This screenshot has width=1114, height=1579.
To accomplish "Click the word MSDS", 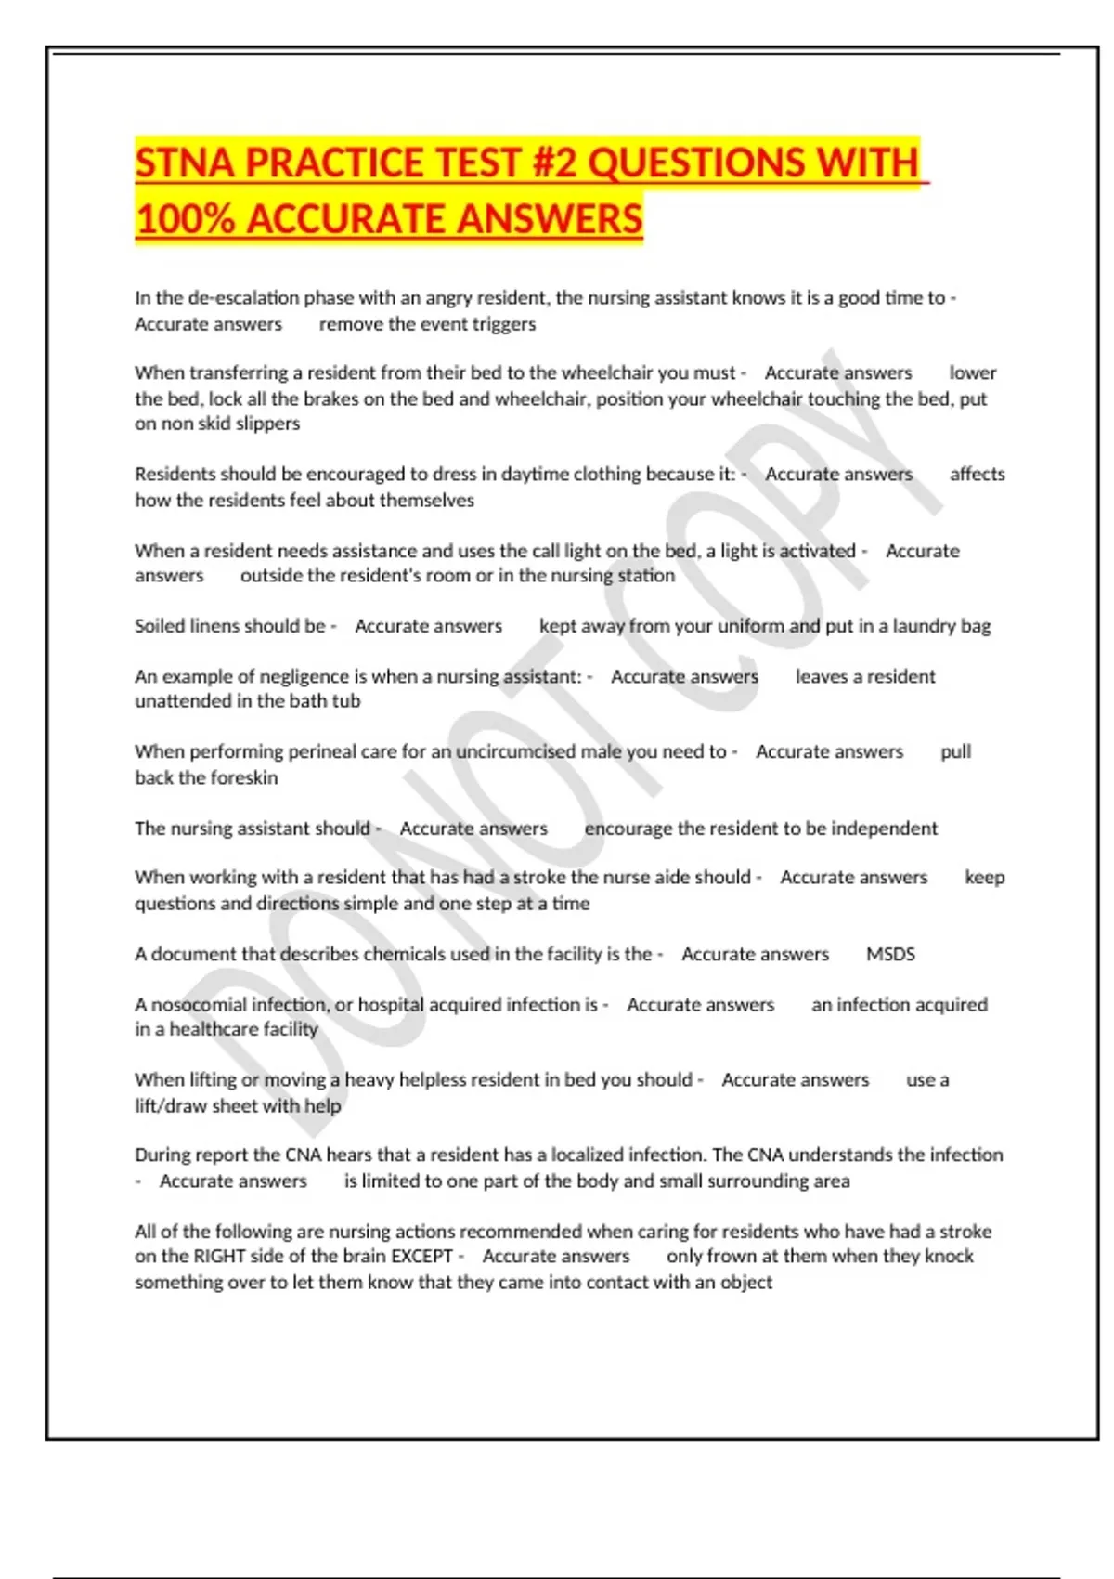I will coord(890,954).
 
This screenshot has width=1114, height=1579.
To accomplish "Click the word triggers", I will coord(504,324).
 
